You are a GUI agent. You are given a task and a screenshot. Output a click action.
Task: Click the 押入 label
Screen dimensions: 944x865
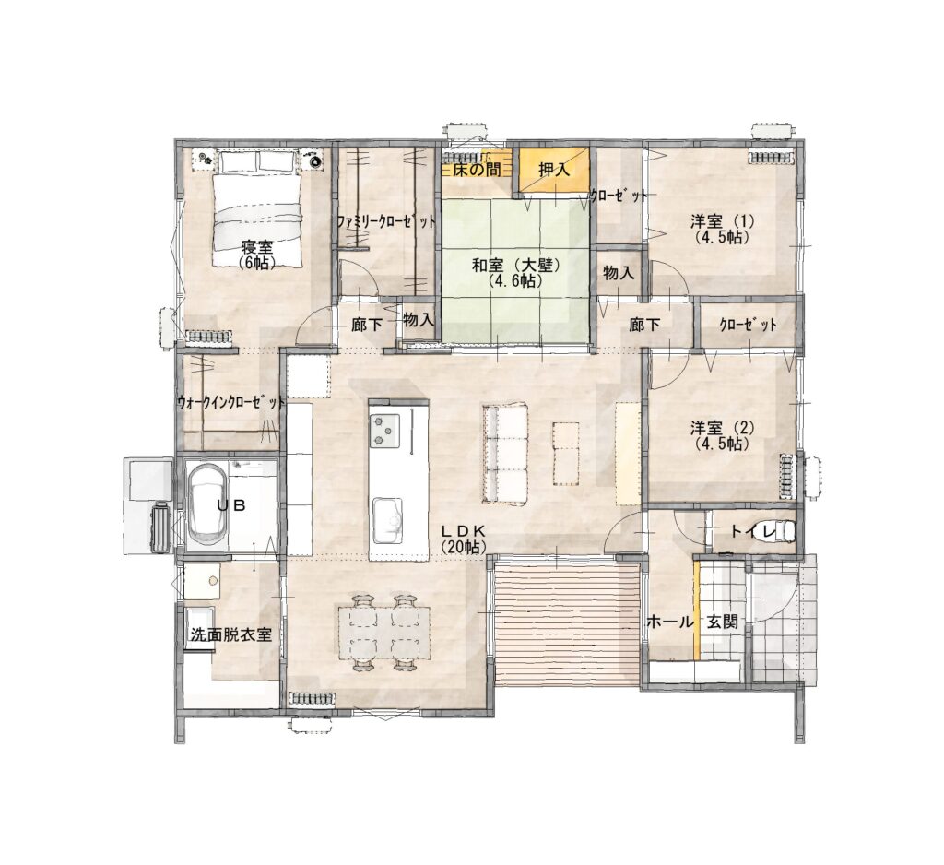(x=554, y=170)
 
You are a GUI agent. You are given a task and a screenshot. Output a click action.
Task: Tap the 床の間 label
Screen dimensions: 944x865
(x=477, y=170)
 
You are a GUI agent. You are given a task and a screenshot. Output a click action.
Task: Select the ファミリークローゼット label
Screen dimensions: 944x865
(x=386, y=221)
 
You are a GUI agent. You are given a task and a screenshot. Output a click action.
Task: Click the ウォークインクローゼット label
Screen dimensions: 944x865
(x=230, y=402)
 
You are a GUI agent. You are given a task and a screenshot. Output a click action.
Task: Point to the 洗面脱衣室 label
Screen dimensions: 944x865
(x=230, y=634)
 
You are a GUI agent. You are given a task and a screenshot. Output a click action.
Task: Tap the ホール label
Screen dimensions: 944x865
(x=670, y=622)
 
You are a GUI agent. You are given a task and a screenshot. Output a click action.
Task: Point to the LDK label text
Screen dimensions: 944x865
(x=463, y=530)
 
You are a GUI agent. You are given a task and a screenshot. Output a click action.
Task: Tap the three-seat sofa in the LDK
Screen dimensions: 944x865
(x=504, y=453)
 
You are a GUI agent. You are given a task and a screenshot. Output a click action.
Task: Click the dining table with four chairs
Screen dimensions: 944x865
(x=385, y=632)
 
